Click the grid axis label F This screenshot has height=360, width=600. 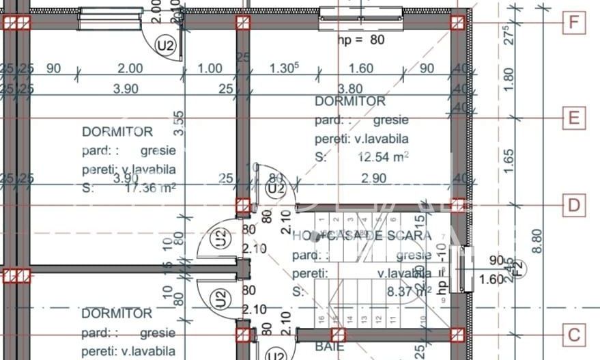(x=574, y=23)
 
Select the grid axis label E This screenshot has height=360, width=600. (x=574, y=117)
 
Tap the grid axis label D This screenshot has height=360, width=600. (x=574, y=205)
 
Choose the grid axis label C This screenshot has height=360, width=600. (x=574, y=335)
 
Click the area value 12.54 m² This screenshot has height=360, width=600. (x=383, y=157)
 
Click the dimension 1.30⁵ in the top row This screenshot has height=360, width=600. (x=285, y=68)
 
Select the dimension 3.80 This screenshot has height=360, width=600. (x=349, y=88)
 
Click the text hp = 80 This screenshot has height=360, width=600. (x=361, y=40)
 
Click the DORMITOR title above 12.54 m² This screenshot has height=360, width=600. (x=349, y=101)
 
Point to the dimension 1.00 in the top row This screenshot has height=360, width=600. (x=210, y=68)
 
